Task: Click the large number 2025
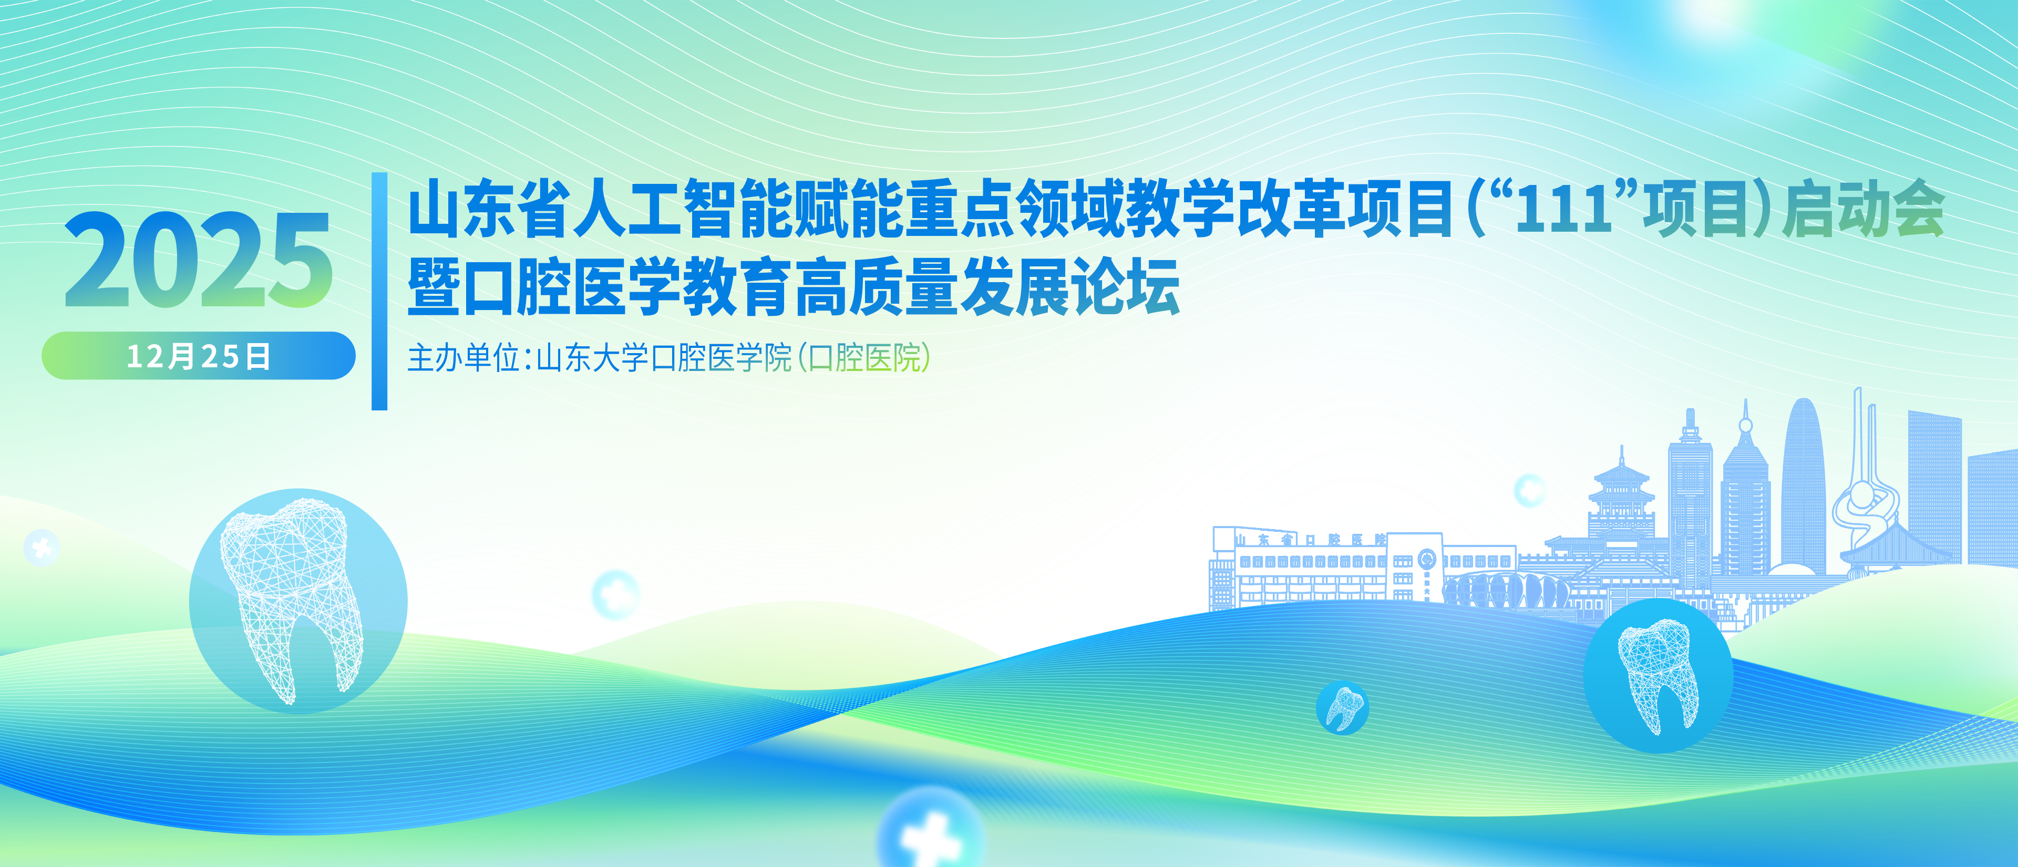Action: point(198,260)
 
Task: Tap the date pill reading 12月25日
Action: point(198,356)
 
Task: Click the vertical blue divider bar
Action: point(379,291)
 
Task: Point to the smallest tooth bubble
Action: point(1342,707)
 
